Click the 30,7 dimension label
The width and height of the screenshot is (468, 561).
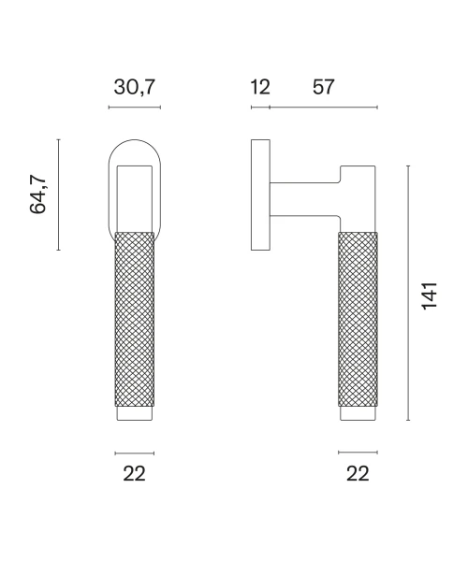click(134, 87)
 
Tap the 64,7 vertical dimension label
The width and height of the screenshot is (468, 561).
click(38, 195)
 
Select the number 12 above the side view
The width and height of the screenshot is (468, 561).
click(260, 87)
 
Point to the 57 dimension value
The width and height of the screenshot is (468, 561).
click(323, 87)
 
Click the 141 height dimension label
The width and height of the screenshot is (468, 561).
click(429, 295)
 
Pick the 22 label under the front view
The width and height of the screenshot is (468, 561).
click(134, 474)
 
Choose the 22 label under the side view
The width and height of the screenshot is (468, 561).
click(358, 474)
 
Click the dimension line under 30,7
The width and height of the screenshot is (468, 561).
click(135, 107)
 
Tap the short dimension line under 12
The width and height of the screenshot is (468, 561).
click(260, 107)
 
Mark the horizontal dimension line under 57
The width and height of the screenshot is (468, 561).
click(323, 107)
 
